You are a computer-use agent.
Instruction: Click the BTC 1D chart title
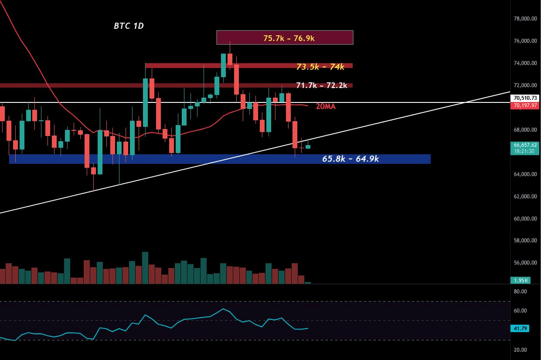click(x=129, y=26)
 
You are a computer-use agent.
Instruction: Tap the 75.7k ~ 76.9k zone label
click(x=289, y=38)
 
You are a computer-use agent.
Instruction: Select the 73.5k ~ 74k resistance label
click(x=320, y=67)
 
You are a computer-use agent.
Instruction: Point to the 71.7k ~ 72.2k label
click(x=321, y=85)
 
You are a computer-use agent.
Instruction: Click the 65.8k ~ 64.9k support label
click(x=350, y=159)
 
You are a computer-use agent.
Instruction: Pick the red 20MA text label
click(x=326, y=106)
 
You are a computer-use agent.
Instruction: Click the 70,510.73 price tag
click(x=525, y=98)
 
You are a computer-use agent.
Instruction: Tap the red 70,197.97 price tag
click(x=525, y=105)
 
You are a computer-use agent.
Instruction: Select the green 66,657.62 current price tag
click(x=525, y=145)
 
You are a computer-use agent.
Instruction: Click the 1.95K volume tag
click(x=521, y=280)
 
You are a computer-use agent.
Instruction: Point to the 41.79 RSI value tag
click(x=520, y=328)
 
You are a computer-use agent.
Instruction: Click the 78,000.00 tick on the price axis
click(x=525, y=19)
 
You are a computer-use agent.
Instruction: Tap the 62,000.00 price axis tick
click(x=525, y=196)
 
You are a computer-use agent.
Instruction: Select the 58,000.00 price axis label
click(x=525, y=240)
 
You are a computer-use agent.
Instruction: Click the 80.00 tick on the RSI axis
click(x=520, y=292)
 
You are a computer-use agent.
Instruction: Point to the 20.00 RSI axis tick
click(x=520, y=350)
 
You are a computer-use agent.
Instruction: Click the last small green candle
click(x=308, y=146)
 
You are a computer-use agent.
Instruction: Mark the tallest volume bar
click(x=145, y=268)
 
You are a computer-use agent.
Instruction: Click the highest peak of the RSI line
click(x=223, y=309)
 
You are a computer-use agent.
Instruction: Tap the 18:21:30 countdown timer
click(x=524, y=151)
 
